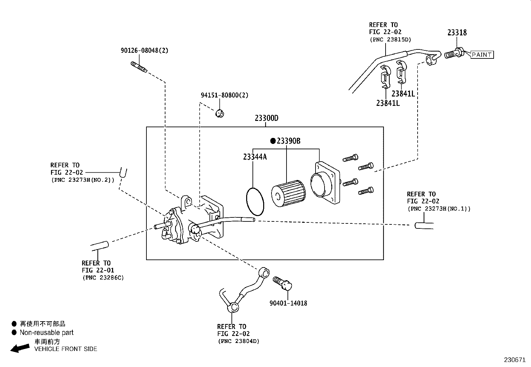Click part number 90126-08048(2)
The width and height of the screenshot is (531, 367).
pos(144,51)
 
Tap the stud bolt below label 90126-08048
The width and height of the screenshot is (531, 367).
pos(139,67)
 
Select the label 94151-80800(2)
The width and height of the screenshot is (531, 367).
pos(224,95)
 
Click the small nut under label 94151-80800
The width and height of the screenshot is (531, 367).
pos(219,114)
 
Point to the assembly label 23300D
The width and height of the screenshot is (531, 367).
pos(266,118)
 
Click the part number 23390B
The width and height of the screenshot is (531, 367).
pos(289,141)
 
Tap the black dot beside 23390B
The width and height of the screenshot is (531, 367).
pos(273,141)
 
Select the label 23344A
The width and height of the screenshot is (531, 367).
pos(255,157)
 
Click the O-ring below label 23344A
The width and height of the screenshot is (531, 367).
pos(255,202)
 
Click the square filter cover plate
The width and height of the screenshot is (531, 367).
pos(325,183)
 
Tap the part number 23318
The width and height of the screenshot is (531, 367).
pos(457,33)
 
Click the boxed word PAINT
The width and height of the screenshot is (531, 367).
pos(482,55)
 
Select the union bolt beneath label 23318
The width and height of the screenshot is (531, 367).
pos(454,53)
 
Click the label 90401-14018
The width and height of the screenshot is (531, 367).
pos(288,303)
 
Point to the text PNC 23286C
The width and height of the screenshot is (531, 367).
pos(103,278)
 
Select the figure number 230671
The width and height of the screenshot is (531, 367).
pos(514,360)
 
